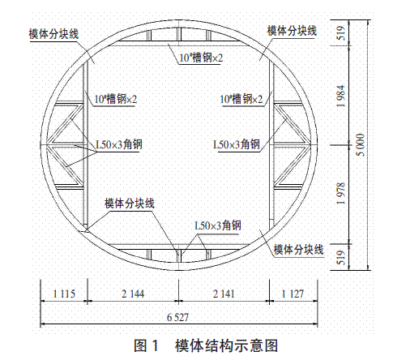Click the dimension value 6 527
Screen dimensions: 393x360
177,317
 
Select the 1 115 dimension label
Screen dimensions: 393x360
64,294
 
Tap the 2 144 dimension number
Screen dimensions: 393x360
133,294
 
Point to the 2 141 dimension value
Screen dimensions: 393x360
224,294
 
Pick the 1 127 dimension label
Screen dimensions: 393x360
293,294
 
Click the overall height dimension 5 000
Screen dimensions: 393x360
361,145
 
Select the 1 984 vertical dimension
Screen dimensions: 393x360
341,96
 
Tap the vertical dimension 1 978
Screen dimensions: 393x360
341,194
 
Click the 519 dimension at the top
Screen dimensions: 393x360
341,33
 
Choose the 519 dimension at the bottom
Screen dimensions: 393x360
341,258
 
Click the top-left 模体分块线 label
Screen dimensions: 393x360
53,34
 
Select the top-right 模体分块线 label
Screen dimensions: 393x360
292,31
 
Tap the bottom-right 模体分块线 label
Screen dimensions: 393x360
298,249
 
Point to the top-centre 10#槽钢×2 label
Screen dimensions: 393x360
201,58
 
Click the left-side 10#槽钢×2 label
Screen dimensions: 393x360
116,99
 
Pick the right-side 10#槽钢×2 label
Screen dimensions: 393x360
241,99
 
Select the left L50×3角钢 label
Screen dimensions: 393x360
119,144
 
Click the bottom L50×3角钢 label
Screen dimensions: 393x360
218,225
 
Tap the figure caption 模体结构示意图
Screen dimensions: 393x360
226,345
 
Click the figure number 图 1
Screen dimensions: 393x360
146,345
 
